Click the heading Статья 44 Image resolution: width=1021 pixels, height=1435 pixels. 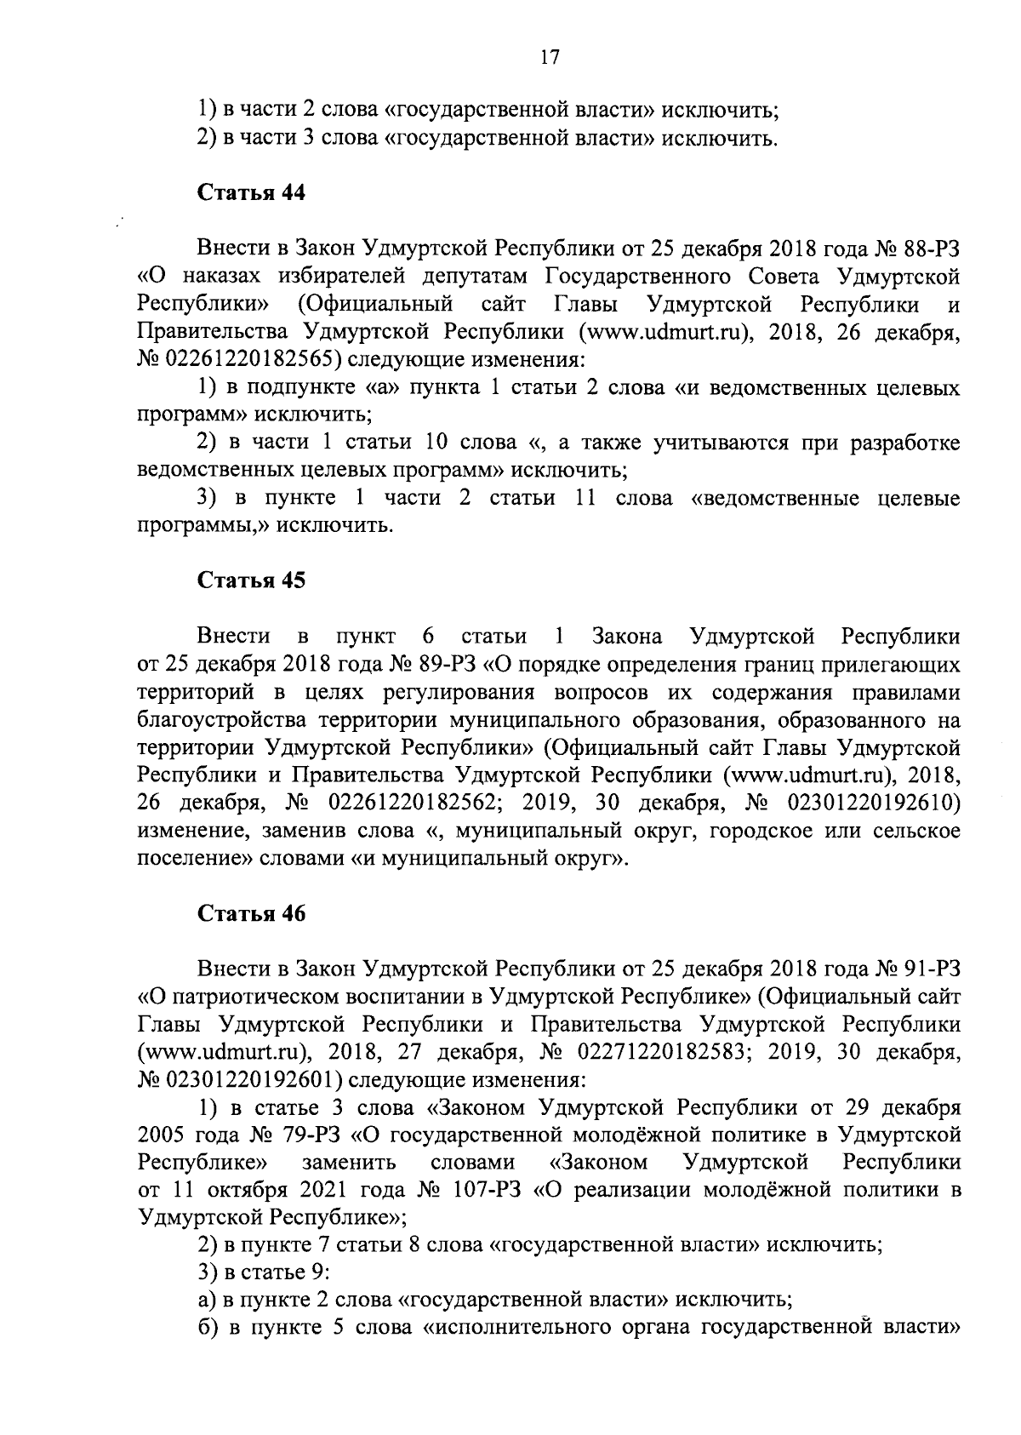click(x=251, y=193)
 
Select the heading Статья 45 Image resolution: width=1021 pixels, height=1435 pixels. click(x=251, y=580)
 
